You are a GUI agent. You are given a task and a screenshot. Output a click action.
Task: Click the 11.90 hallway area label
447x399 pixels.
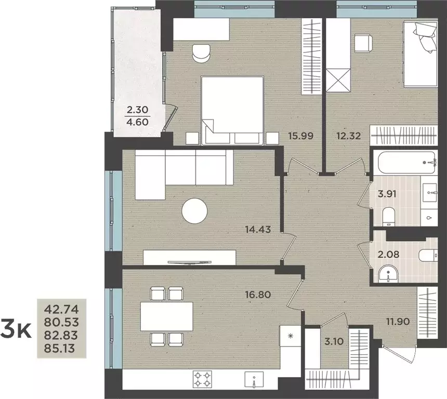(398, 322)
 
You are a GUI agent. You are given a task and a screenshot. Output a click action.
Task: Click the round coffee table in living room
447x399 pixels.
(195, 211)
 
